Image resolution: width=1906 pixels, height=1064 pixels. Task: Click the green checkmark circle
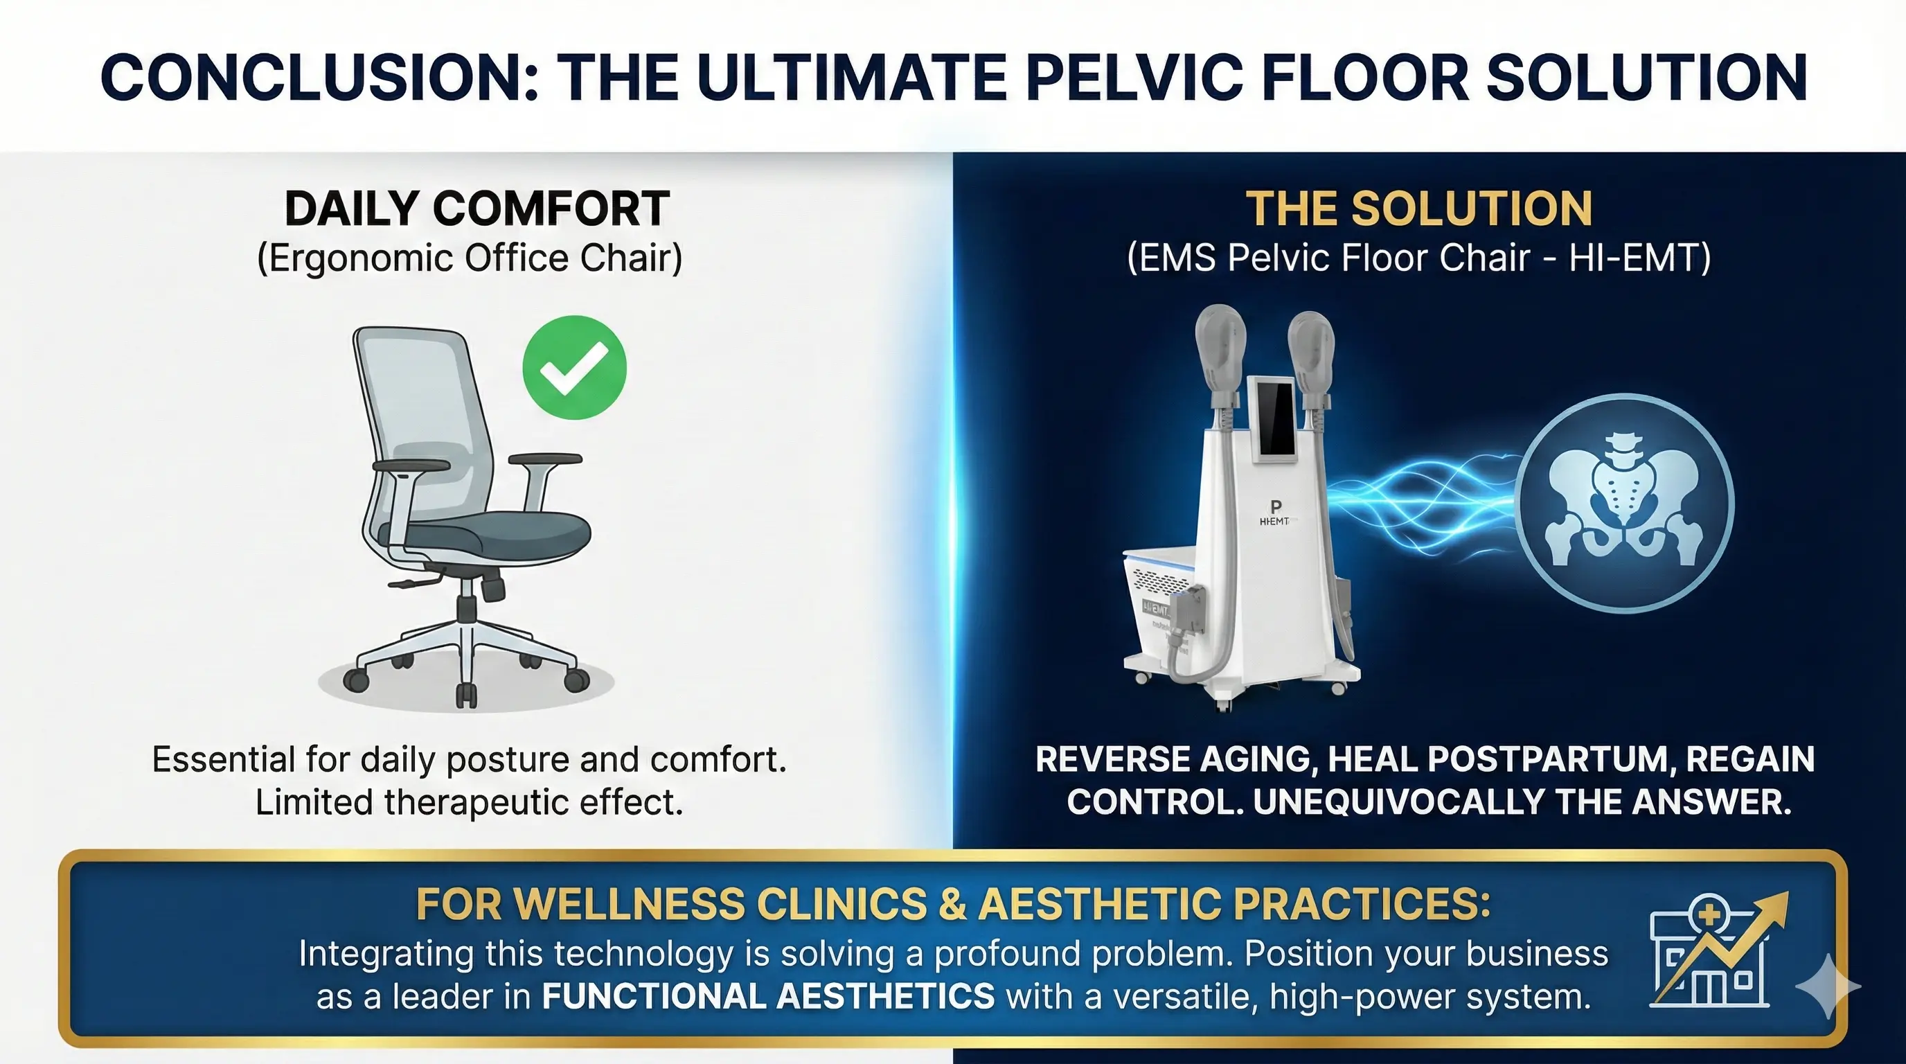coord(574,368)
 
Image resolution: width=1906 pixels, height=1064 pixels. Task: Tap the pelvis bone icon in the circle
coord(1623,503)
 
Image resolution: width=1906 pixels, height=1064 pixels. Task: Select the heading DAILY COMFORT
coord(477,209)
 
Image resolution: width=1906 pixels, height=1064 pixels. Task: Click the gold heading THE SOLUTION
coord(1418,209)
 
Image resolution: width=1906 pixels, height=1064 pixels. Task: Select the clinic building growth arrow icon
coord(1715,951)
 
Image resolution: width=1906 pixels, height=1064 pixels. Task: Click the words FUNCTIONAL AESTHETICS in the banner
coord(768,997)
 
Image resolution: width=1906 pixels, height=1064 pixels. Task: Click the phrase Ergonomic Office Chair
coord(469,258)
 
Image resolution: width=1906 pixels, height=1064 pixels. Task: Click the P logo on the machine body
coord(1275,508)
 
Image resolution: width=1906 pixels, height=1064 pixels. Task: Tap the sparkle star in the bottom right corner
coord(1828,986)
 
